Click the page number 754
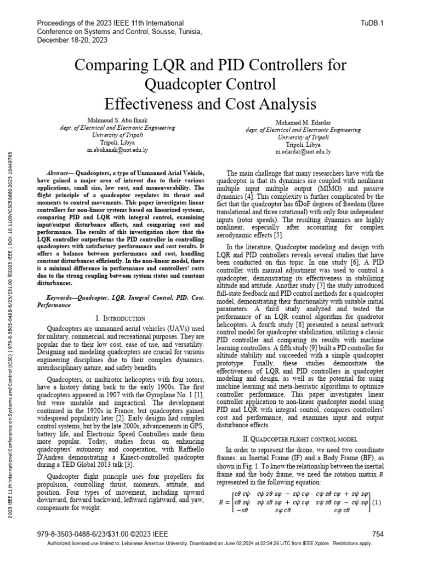pos(378,534)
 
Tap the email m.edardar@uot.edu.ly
pos(303,151)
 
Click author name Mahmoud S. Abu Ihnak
pos(117,119)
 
